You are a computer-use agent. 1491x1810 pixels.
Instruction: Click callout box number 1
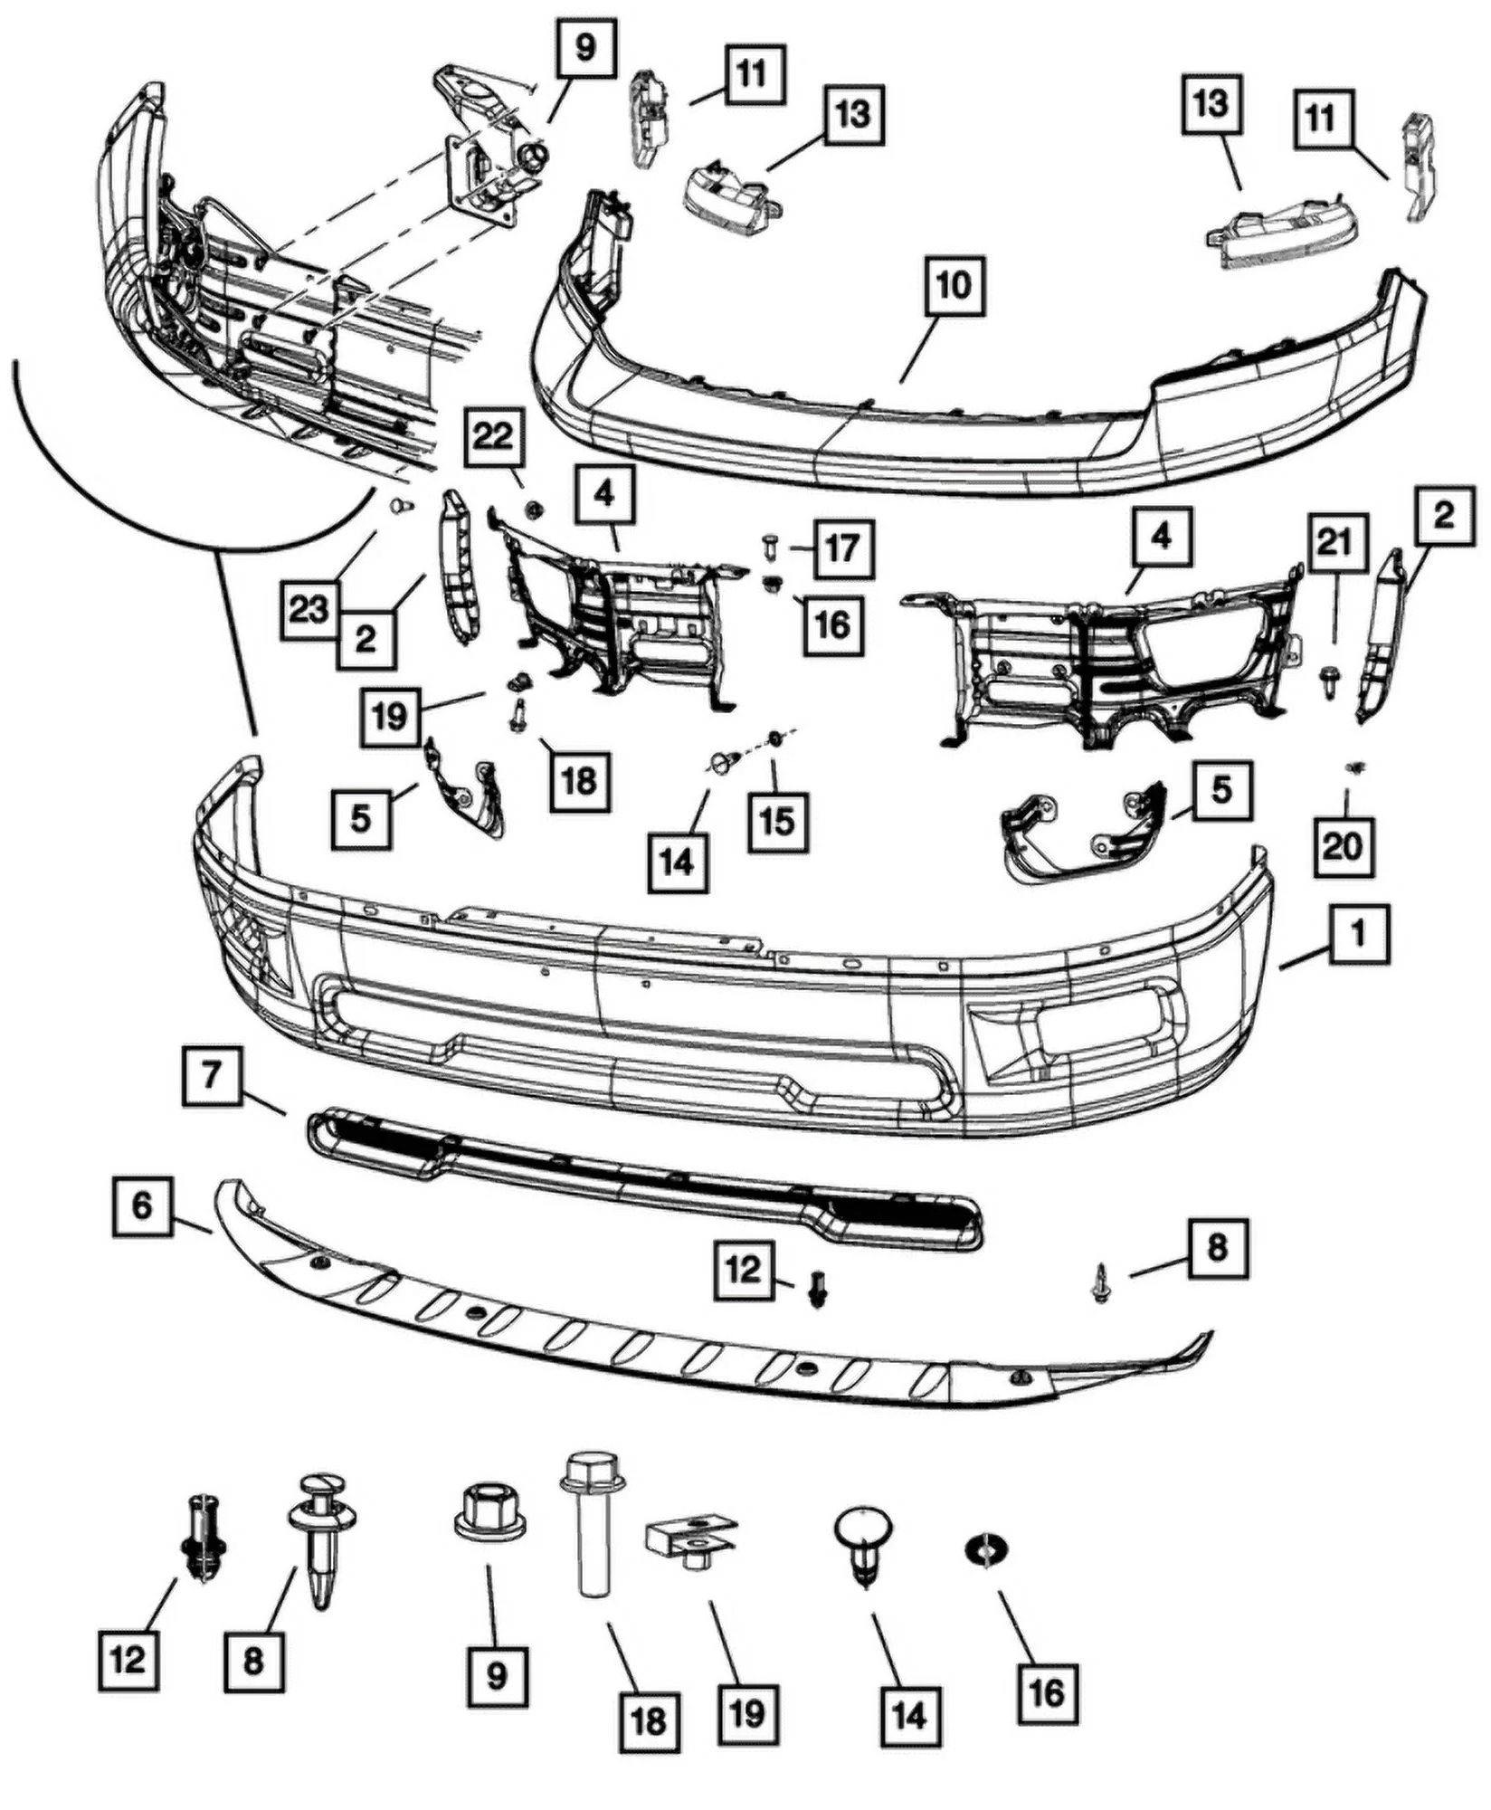click(x=1358, y=938)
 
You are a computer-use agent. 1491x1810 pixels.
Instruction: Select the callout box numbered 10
click(x=954, y=285)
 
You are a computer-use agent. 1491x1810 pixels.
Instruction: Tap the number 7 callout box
click(x=212, y=1076)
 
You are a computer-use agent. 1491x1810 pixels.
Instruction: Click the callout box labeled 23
click(x=309, y=609)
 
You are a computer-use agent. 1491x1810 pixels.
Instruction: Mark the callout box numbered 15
click(x=778, y=821)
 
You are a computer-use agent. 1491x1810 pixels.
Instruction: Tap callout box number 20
click(x=1343, y=846)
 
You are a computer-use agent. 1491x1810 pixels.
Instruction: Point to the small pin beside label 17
click(x=770, y=547)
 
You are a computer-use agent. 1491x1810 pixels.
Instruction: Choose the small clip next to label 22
click(x=533, y=510)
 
